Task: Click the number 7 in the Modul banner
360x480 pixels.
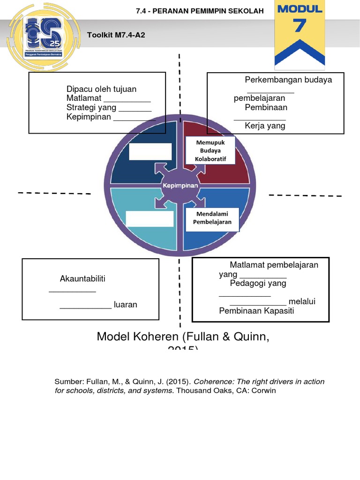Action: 300,26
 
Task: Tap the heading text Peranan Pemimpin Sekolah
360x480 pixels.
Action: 200,11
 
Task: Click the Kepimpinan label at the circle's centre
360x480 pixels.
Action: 180,186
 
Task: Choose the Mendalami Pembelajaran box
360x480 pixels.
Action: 212,218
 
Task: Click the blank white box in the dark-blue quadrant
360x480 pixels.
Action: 150,152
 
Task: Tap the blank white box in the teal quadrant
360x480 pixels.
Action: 150,219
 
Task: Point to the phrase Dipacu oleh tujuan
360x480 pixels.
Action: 102,89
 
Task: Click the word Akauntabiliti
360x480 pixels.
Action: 82,279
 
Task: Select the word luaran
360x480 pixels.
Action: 126,305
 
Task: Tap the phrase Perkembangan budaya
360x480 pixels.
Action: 288,80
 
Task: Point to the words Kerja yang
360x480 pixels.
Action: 265,126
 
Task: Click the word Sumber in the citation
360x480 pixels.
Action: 68,382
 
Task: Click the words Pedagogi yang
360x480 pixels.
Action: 258,283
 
